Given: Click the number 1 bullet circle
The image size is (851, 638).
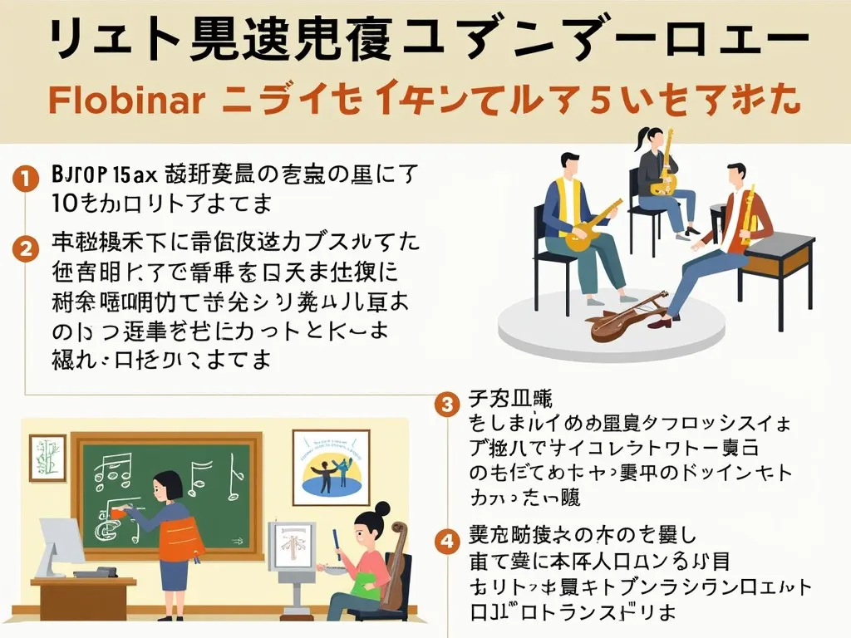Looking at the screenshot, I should point(27,177).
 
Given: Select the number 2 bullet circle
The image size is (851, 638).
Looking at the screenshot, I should point(27,247).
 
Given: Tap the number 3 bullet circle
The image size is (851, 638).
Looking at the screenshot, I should point(447,405).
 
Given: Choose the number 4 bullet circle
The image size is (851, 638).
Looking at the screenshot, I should point(447,541).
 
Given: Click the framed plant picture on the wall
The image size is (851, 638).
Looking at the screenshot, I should point(47,457).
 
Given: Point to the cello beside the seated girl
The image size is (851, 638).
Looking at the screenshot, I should point(396,565).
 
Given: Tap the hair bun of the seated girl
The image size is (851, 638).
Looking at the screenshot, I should point(381,508).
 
